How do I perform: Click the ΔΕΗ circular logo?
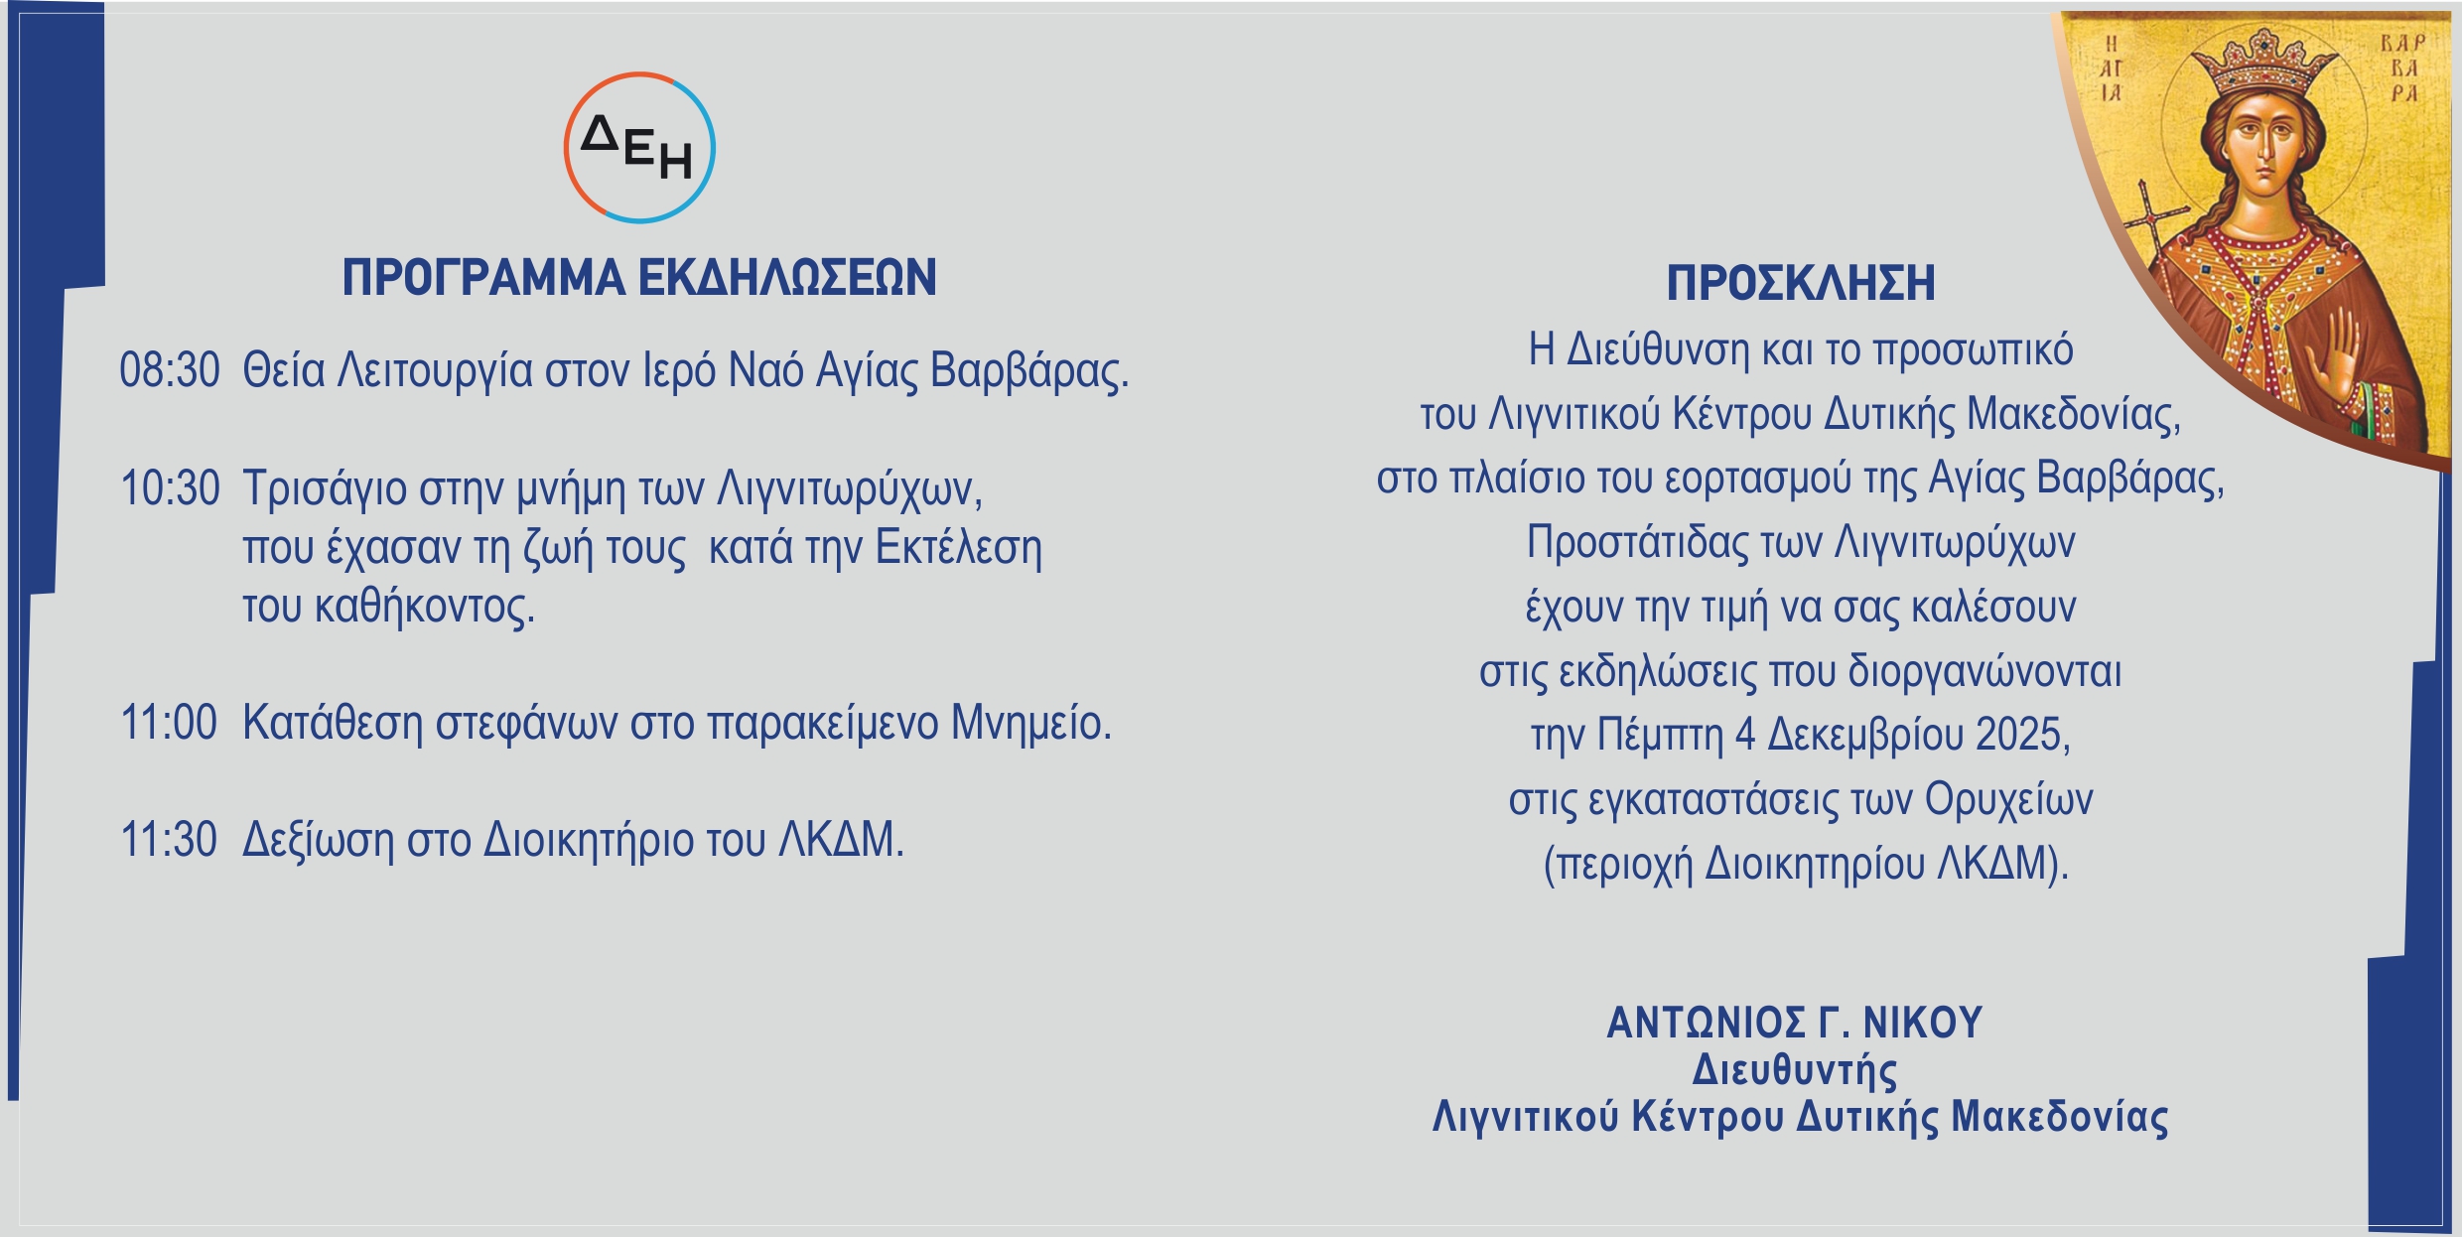[639, 148]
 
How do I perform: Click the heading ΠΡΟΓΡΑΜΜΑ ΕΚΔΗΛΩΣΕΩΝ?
[639, 278]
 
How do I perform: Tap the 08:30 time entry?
[170, 370]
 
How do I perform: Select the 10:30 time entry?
[170, 488]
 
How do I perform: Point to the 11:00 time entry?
[169, 723]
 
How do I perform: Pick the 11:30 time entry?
[169, 840]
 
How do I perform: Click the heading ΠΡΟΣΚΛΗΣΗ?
[1801, 283]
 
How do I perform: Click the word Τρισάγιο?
[326, 488]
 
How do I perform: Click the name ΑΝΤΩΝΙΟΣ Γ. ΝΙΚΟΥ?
[1795, 1023]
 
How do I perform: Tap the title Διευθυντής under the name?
[1795, 1070]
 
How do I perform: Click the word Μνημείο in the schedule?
[1031, 723]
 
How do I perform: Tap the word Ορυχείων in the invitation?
[2009, 800]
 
